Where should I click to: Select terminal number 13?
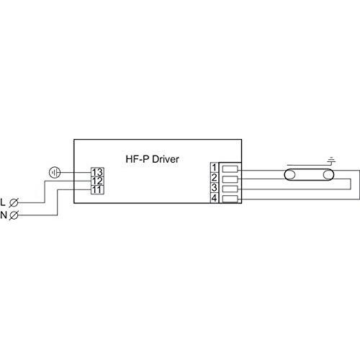click(x=97, y=172)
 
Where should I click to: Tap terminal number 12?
click(x=97, y=181)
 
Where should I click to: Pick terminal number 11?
click(x=97, y=189)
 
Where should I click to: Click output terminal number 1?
click(x=214, y=168)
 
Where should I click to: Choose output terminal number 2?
click(x=214, y=177)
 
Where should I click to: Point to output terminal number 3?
click(x=214, y=187)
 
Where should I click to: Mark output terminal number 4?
click(x=214, y=197)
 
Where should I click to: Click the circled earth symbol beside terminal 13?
click(x=54, y=172)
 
